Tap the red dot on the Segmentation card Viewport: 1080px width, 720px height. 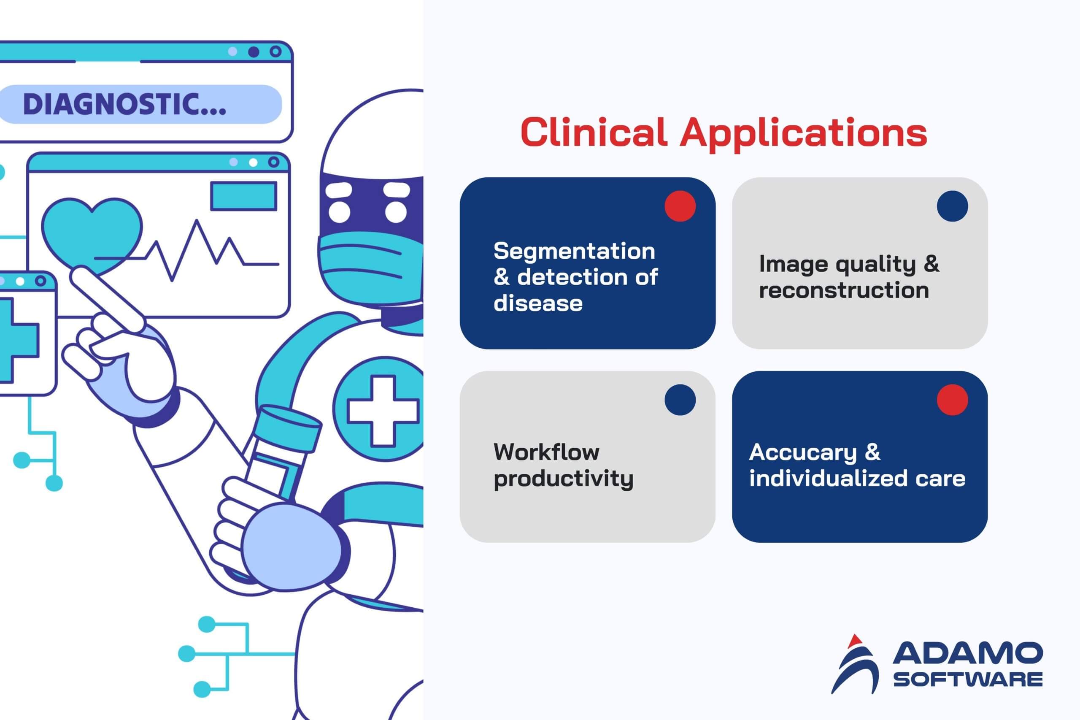pos(680,206)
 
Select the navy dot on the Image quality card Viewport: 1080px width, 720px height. pos(953,206)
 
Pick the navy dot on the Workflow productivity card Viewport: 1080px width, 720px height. pos(680,400)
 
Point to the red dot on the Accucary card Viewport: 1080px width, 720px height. pos(953,400)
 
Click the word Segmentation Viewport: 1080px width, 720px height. pos(574,252)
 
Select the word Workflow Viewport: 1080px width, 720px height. pos(546,452)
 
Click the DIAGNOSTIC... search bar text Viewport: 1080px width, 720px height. pos(124,104)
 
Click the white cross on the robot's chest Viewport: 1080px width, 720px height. pos(383,411)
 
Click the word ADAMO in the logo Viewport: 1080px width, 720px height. pos(967,653)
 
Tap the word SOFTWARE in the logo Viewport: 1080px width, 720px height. pos(967,679)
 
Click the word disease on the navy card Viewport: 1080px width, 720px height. pos(538,303)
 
